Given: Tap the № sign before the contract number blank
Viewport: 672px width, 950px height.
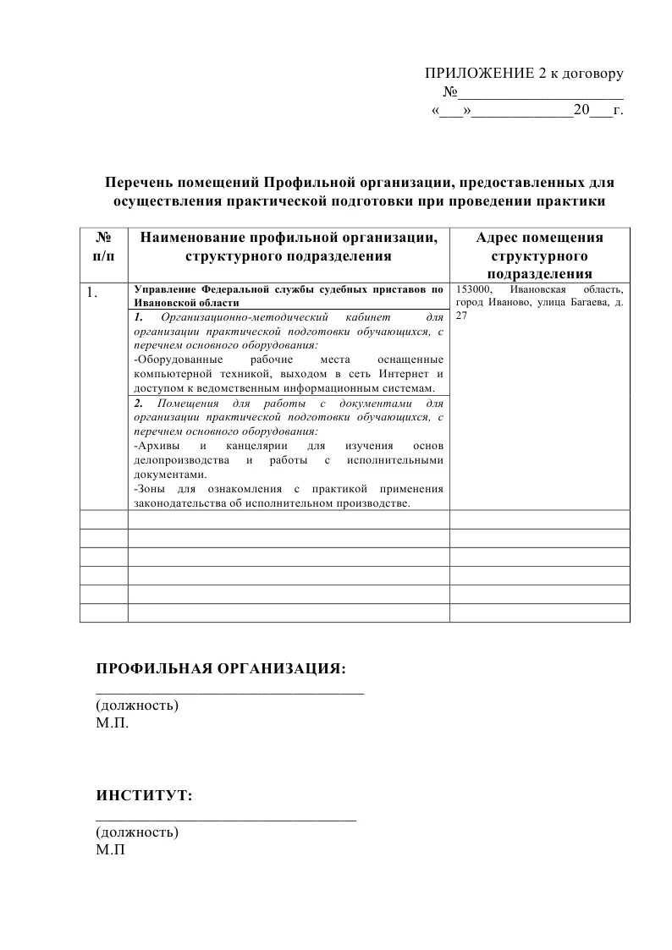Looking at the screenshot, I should [x=451, y=92].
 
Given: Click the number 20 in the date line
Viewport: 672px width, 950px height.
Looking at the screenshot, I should [x=581, y=111].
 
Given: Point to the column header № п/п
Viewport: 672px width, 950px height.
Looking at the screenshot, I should [x=103, y=246].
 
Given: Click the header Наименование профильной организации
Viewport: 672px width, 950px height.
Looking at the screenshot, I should [x=288, y=238].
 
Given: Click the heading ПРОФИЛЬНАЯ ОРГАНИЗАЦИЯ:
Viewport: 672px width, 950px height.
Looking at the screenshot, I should [x=221, y=669].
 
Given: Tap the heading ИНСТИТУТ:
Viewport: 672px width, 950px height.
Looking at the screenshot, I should [x=144, y=796].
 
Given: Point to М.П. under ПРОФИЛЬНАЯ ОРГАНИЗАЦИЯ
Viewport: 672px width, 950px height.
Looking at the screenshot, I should [x=113, y=724].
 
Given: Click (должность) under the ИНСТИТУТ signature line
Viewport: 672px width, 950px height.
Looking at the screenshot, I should [x=137, y=832].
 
